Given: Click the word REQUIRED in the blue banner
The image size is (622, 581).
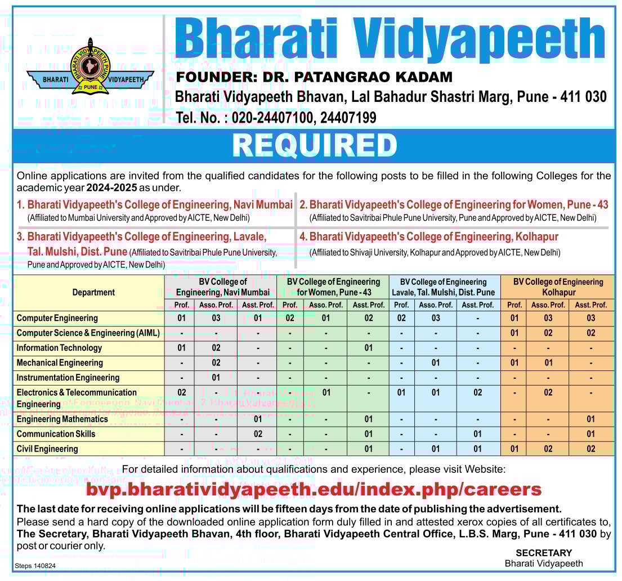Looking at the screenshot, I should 315,145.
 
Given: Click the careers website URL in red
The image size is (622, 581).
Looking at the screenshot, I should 314,489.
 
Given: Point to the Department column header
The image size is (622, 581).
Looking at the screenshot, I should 93,292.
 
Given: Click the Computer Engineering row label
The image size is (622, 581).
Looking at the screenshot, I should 57,318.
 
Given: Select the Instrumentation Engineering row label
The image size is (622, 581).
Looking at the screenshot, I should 68,378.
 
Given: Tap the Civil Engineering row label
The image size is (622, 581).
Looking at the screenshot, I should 47,449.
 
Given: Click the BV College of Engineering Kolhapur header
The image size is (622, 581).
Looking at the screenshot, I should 558,287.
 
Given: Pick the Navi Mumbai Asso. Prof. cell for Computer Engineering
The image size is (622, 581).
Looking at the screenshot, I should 216,318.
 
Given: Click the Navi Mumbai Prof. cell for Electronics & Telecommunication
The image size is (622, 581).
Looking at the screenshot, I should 182,392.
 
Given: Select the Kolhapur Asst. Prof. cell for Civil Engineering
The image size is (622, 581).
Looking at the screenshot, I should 591,449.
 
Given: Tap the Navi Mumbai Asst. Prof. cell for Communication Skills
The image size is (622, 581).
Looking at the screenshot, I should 258,434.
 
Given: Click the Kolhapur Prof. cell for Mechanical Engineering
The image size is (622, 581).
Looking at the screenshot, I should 514,363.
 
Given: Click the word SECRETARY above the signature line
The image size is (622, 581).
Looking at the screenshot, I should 544,553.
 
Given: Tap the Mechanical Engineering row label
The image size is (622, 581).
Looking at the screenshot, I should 60,363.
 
